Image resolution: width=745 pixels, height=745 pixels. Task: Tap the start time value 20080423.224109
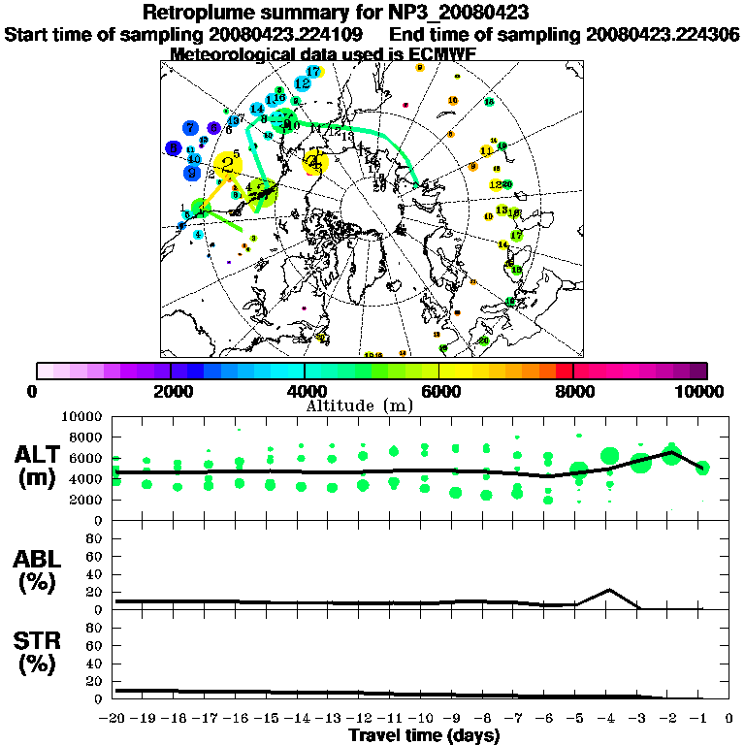point(291,34)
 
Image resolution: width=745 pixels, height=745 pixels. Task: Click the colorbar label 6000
point(439,391)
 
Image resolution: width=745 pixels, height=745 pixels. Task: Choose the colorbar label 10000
point(704,391)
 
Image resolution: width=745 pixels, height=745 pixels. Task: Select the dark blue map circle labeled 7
point(191,128)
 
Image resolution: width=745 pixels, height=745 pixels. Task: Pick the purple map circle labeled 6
point(213,128)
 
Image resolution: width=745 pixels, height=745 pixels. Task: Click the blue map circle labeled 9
point(192,173)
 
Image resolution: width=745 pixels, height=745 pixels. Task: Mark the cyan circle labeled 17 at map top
point(312,72)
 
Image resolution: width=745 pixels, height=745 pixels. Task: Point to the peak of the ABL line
point(609,590)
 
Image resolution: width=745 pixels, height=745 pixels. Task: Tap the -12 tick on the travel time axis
point(363,719)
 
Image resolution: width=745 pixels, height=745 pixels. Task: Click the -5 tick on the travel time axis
point(578,719)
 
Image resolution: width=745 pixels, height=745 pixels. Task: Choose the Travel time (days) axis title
point(423,735)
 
